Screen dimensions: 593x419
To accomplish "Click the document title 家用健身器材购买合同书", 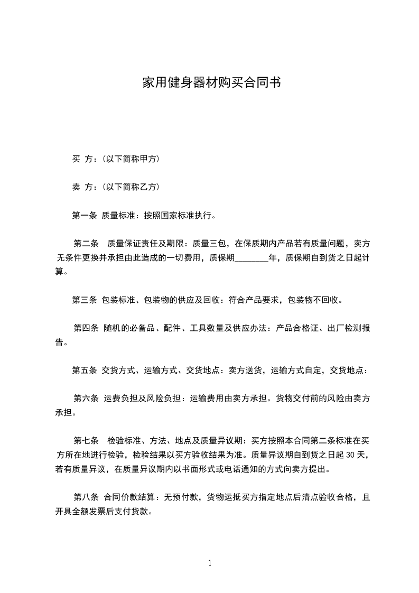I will point(211,83).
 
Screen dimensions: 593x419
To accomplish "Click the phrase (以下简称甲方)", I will point(131,159).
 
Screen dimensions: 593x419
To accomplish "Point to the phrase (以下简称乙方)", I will point(131,187).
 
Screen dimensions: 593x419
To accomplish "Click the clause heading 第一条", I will point(85,215).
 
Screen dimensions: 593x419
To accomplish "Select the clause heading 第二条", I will point(87,244).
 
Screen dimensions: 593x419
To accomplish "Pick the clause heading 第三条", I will point(85,300).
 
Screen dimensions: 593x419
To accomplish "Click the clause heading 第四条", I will point(87,328).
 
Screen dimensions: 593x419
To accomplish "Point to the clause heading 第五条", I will point(85,370).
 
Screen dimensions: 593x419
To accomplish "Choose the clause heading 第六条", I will point(87,399).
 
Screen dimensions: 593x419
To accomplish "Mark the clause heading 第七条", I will point(87,441).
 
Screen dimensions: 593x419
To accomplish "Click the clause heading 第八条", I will point(87,497).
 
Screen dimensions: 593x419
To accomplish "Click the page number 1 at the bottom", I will point(210,563).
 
